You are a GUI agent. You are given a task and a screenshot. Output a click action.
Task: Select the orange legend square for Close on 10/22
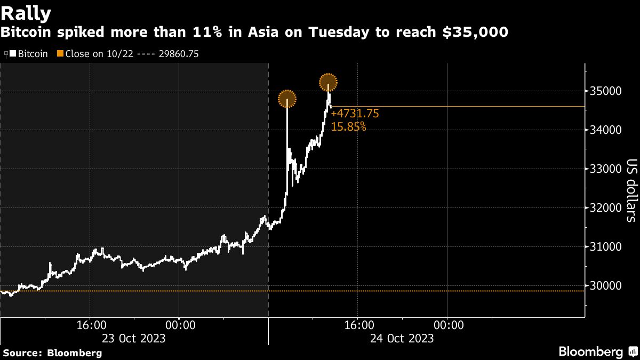point(60,54)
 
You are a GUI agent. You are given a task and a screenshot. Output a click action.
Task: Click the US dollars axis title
point(631,190)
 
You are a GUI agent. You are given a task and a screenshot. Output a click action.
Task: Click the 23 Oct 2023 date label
point(134,338)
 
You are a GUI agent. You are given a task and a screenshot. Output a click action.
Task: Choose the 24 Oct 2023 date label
point(403,338)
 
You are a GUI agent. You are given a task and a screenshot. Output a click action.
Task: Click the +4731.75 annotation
point(355,114)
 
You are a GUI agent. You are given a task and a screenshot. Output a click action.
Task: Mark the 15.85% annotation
point(349,126)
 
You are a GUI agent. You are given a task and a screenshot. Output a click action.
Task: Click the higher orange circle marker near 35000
point(328,82)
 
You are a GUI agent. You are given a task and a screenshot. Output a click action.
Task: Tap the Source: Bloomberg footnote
point(52,353)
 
